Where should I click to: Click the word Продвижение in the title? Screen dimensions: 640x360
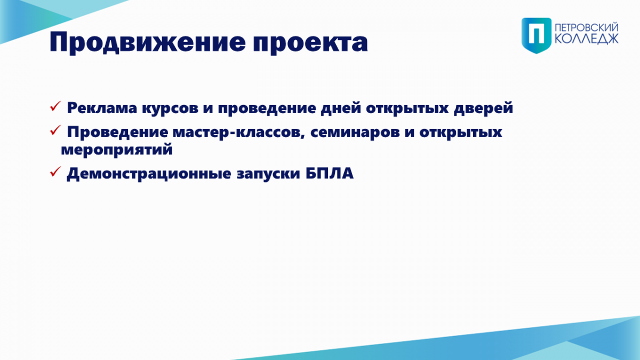pos(147,42)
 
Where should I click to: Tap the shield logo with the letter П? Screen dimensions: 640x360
pos(537,35)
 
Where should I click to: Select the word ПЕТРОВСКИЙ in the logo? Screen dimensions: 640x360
pos(587,28)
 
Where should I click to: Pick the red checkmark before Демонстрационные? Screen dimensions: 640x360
pos(55,171)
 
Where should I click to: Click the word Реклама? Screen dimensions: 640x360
pos(102,108)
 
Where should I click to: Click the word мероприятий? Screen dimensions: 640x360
pos(117,150)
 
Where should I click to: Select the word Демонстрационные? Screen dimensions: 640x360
pos(149,174)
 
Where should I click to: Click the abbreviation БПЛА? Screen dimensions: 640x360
pos(330,173)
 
